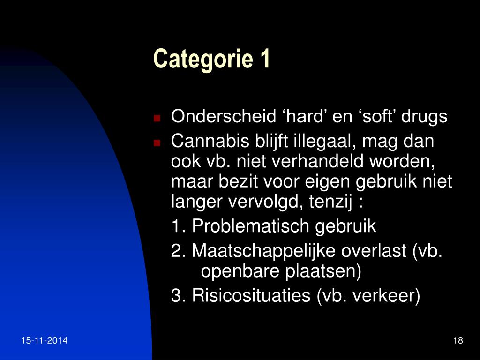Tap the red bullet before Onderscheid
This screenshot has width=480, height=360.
[157, 118]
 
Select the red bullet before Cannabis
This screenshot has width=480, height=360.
[157, 142]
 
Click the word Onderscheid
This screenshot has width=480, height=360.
[224, 116]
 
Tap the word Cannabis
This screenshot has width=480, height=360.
[210, 141]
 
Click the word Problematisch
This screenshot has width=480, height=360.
[251, 226]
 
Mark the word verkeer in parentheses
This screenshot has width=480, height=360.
[384, 295]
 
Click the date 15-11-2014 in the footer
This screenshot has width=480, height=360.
[45, 340]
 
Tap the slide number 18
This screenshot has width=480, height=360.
[458, 340]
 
